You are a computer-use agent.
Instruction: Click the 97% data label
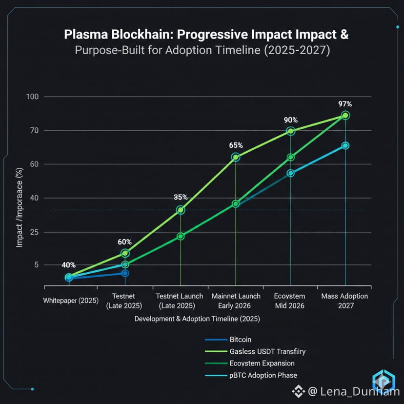[x=345, y=104]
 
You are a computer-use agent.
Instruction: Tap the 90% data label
[x=291, y=120]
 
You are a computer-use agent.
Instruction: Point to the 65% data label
[x=236, y=145]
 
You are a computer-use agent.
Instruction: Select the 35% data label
[x=181, y=198]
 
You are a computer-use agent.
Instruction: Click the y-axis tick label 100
[x=32, y=97]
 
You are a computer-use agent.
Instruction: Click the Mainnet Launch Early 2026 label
[x=236, y=301]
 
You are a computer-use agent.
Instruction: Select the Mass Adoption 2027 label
[x=344, y=301]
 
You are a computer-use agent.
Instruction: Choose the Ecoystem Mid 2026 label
[x=290, y=301]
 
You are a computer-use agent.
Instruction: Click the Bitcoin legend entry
[x=241, y=340]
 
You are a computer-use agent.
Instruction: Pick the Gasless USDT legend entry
[x=267, y=351]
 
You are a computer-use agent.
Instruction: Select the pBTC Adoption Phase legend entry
[x=263, y=375]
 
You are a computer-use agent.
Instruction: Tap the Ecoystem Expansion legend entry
[x=262, y=364]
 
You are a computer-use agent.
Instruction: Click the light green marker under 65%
[x=236, y=157]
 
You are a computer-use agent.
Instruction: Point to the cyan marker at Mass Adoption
[x=345, y=145]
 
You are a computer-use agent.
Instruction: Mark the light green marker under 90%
[x=291, y=131]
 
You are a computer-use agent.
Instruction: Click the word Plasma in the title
[x=86, y=36]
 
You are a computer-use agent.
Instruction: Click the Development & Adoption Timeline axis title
[x=197, y=319]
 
